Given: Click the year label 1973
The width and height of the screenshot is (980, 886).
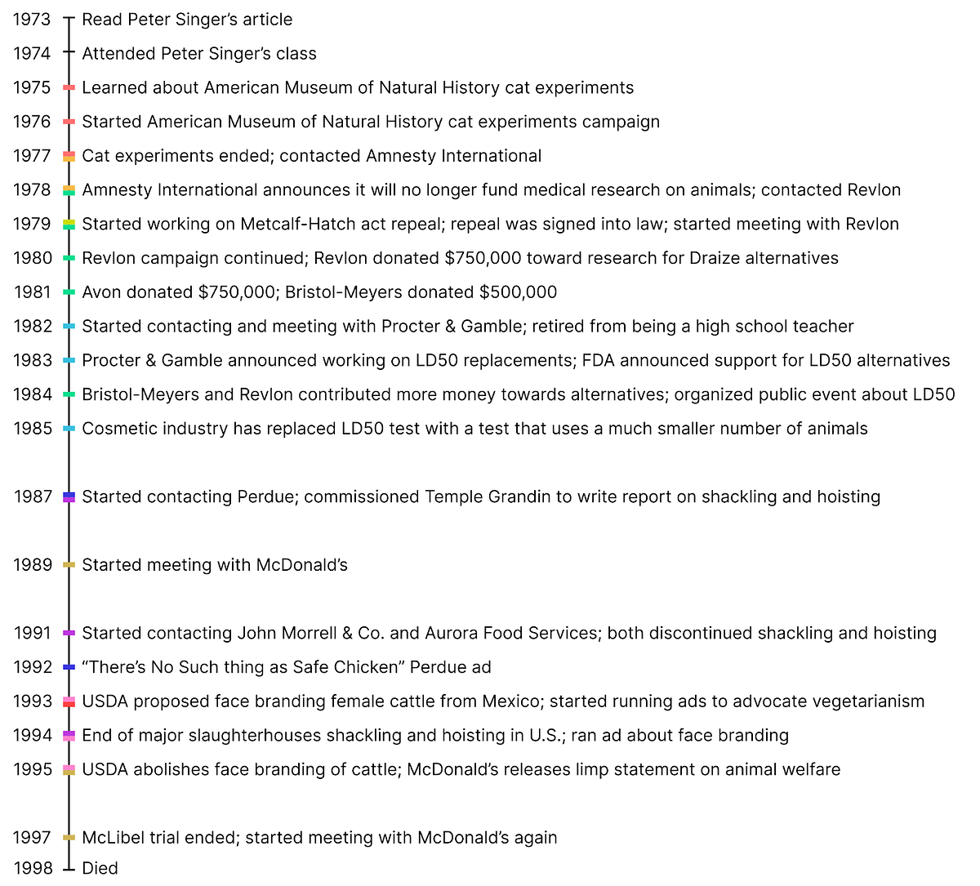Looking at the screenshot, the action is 32,19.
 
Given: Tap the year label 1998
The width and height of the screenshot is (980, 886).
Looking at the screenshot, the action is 32,868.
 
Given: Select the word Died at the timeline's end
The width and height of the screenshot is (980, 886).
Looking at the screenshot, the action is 100,868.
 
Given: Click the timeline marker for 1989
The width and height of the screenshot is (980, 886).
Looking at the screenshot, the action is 69,565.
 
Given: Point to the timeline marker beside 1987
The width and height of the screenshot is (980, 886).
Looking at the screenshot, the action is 69,496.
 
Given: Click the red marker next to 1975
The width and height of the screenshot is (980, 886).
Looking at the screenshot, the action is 69,87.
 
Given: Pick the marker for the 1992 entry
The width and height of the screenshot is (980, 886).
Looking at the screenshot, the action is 69,667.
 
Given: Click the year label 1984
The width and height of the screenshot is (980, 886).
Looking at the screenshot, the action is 32,394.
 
